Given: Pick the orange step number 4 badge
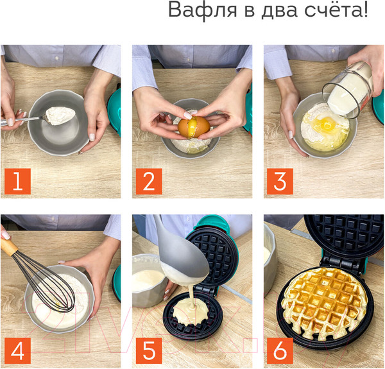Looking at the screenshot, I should coord(17,352).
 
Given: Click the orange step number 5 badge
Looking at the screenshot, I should coord(149,352).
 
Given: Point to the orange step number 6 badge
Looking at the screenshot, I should coord(280,352).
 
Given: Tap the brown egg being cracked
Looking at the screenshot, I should coord(193,125).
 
